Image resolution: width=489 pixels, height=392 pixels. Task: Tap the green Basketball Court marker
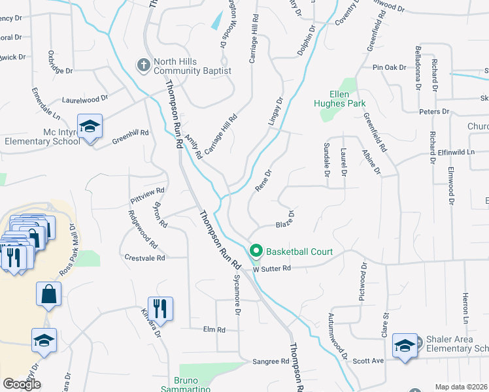[256, 251]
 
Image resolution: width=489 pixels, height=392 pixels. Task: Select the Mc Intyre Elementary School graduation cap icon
[90, 125]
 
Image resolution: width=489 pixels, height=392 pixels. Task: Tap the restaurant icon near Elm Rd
[160, 308]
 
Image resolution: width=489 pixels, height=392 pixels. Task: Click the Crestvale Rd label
[144, 257]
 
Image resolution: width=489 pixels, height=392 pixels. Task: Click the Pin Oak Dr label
[389, 67]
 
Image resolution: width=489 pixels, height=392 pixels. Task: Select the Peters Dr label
[434, 112]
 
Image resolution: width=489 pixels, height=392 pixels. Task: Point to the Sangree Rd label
[271, 361]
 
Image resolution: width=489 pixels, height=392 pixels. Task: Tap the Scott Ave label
[368, 361]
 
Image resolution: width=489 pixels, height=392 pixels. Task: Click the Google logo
[22, 384]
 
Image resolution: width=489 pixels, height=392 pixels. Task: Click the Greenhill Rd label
[130, 135]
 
